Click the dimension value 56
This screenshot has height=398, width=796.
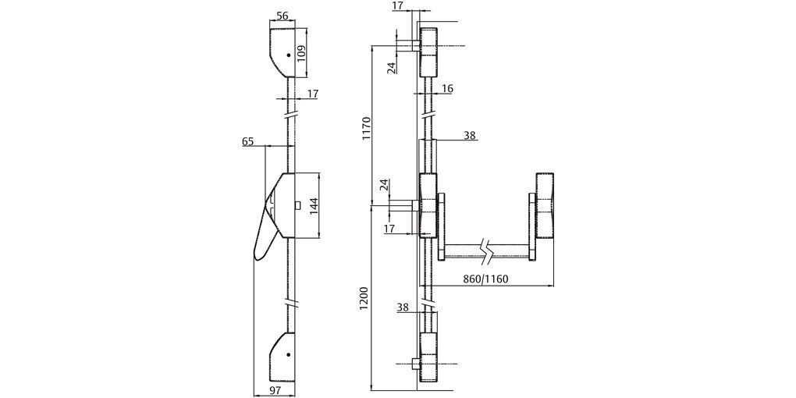click(282, 16)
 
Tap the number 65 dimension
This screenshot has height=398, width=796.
click(248, 141)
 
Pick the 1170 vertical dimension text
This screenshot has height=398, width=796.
click(366, 129)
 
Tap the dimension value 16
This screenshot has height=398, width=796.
click(447, 89)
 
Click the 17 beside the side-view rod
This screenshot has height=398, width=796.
click(313, 94)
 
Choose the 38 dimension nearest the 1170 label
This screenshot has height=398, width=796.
click(469, 135)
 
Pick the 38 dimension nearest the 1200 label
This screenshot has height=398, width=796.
click(403, 307)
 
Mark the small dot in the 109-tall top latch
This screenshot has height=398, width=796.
click(289, 55)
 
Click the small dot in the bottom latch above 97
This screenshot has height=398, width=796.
click(288, 354)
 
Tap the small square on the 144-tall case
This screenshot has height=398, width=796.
click(298, 204)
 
